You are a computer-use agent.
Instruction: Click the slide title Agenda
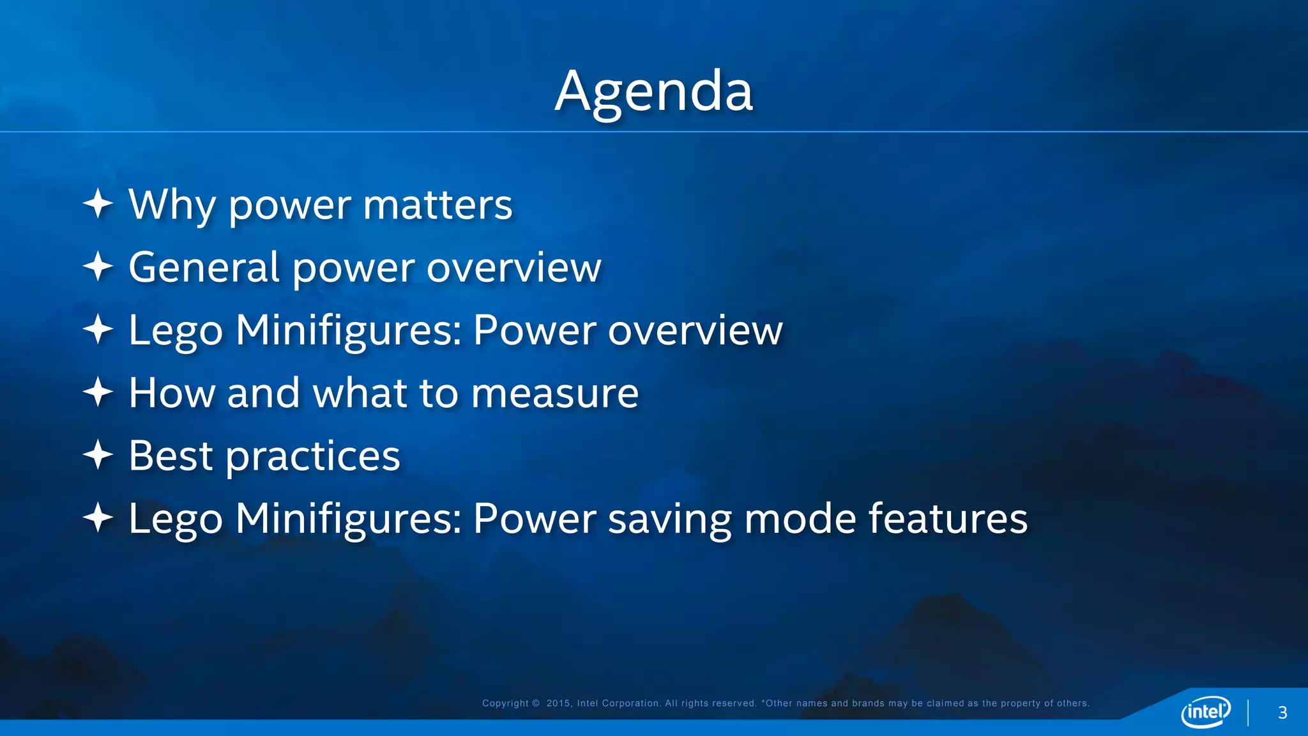click(654, 91)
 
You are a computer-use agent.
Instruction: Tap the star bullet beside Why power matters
click(98, 204)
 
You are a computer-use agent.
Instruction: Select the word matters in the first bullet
click(437, 205)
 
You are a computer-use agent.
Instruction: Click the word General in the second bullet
click(204, 267)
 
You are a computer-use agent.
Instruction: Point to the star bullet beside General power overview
click(98, 266)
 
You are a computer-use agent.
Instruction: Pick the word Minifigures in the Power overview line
click(348, 331)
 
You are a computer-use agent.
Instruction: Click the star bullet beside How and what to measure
click(98, 392)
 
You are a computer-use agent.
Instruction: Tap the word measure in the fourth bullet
click(554, 393)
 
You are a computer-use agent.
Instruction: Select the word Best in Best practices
click(171, 456)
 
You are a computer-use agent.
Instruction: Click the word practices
click(313, 457)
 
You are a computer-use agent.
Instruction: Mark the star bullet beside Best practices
click(98, 454)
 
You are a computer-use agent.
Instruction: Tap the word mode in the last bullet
click(800, 518)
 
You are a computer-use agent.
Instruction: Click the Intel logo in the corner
click(1205, 711)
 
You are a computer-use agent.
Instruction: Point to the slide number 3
click(1282, 713)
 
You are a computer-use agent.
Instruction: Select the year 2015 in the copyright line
click(558, 703)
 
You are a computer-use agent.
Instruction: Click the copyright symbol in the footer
click(536, 703)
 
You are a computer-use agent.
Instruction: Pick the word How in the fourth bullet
click(172, 393)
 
